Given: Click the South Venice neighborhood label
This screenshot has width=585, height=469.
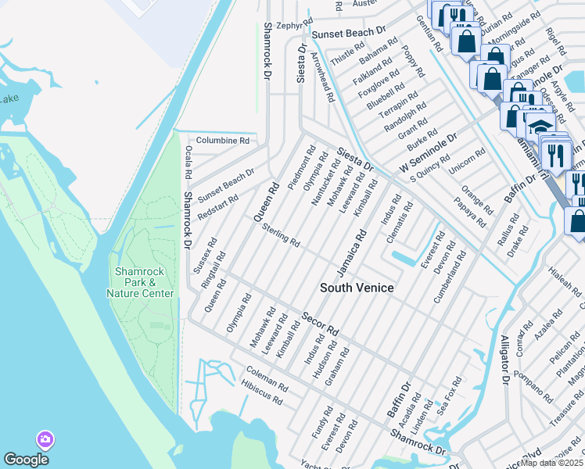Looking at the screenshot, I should tap(357, 288).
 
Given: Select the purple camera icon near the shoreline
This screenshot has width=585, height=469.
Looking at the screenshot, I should tap(45, 440).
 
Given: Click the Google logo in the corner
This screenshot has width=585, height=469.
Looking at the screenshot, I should tap(26, 460).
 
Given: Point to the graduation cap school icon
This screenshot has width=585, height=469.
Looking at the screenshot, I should tap(540, 126).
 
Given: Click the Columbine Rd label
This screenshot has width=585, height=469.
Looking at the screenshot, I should tap(222, 141).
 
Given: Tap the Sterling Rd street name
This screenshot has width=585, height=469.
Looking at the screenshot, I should tap(281, 234).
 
